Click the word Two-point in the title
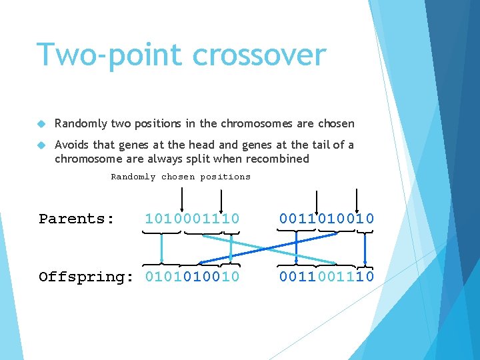point(109,55)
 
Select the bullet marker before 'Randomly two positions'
point(41,124)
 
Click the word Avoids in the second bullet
point(71,145)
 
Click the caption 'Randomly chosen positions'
point(180,177)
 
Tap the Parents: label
point(77,219)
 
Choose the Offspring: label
point(86,277)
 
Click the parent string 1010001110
point(192,219)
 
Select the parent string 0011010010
point(327,219)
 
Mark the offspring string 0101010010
point(192,277)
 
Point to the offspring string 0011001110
point(327,277)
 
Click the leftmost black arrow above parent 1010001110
point(182,198)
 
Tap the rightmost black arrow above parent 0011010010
point(358,198)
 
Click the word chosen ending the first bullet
point(337,123)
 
